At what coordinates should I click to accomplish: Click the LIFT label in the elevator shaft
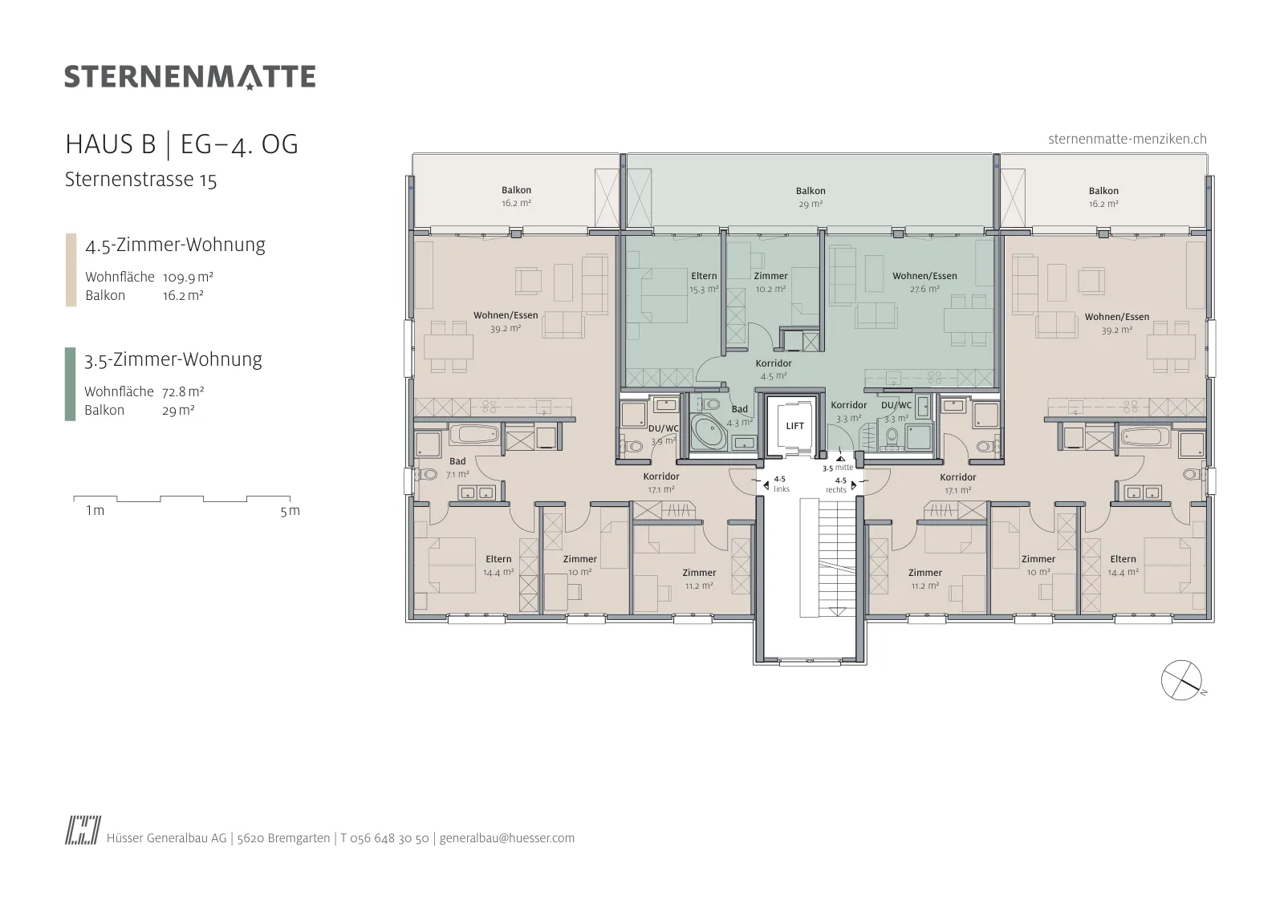tap(794, 426)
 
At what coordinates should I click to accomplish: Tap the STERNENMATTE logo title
tap(189, 77)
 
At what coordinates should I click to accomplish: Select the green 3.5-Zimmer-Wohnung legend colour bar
tap(70, 384)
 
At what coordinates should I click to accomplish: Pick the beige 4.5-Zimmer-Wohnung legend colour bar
tap(71, 270)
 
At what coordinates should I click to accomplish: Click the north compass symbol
tap(1181, 680)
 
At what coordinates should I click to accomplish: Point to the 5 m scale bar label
tap(290, 510)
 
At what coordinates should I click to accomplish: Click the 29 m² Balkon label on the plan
tap(811, 197)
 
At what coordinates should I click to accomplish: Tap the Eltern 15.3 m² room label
tap(704, 282)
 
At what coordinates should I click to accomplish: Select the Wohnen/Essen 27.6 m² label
tap(924, 282)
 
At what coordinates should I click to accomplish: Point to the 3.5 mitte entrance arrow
tap(840, 458)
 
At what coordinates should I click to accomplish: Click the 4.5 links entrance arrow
tap(766, 486)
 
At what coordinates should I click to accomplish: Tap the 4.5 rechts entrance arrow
tap(854, 486)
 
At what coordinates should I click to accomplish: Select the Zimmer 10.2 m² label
tap(770, 282)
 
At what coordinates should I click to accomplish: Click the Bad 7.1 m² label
tap(457, 468)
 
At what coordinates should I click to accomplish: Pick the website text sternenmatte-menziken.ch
tap(1128, 140)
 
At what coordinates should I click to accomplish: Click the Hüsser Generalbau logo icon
tap(83, 830)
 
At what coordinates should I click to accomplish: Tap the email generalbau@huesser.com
tap(506, 838)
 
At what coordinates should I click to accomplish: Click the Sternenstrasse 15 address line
tap(141, 180)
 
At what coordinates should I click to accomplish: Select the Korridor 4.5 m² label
tap(774, 370)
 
